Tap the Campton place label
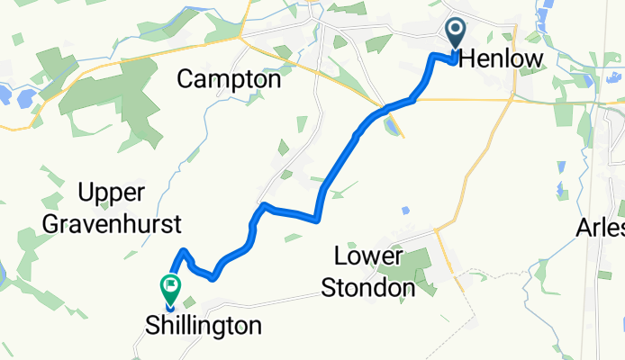pyautogui.click(x=229, y=79)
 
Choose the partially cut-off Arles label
pyautogui.click(x=602, y=229)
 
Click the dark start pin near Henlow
pyautogui.click(x=455, y=34)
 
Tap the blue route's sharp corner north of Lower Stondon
pyautogui.click(x=318, y=217)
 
